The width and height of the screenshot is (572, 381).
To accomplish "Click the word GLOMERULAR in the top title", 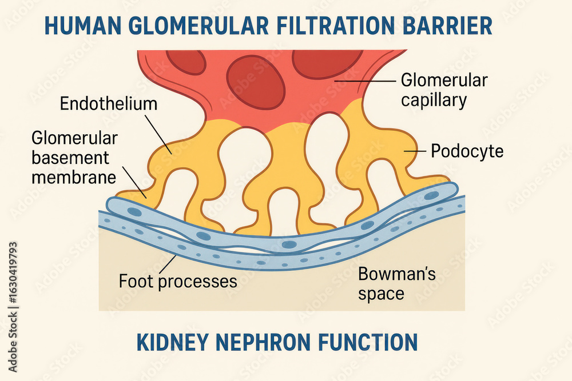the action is (199, 26).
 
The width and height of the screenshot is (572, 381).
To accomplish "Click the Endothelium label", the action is (109, 104).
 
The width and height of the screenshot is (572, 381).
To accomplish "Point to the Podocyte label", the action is (467, 151).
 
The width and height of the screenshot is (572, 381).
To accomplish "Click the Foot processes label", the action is (178, 282).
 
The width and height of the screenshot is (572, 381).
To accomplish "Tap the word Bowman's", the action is (397, 274).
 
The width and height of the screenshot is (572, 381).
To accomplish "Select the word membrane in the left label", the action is (74, 178).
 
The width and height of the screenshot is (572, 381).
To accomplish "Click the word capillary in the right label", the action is (434, 100).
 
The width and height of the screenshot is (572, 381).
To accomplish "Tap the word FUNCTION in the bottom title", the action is (368, 342).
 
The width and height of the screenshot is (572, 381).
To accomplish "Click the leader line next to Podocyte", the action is (415, 151).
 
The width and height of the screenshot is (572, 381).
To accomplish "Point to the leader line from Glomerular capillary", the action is (366, 81).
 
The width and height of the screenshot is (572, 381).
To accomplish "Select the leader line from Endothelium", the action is (158, 134).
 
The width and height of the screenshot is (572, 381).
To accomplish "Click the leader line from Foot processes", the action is (168, 264).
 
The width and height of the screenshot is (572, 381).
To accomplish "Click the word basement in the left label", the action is (70, 158).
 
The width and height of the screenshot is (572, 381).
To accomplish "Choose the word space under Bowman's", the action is (381, 294).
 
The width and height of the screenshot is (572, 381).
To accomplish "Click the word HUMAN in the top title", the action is (83, 26).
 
